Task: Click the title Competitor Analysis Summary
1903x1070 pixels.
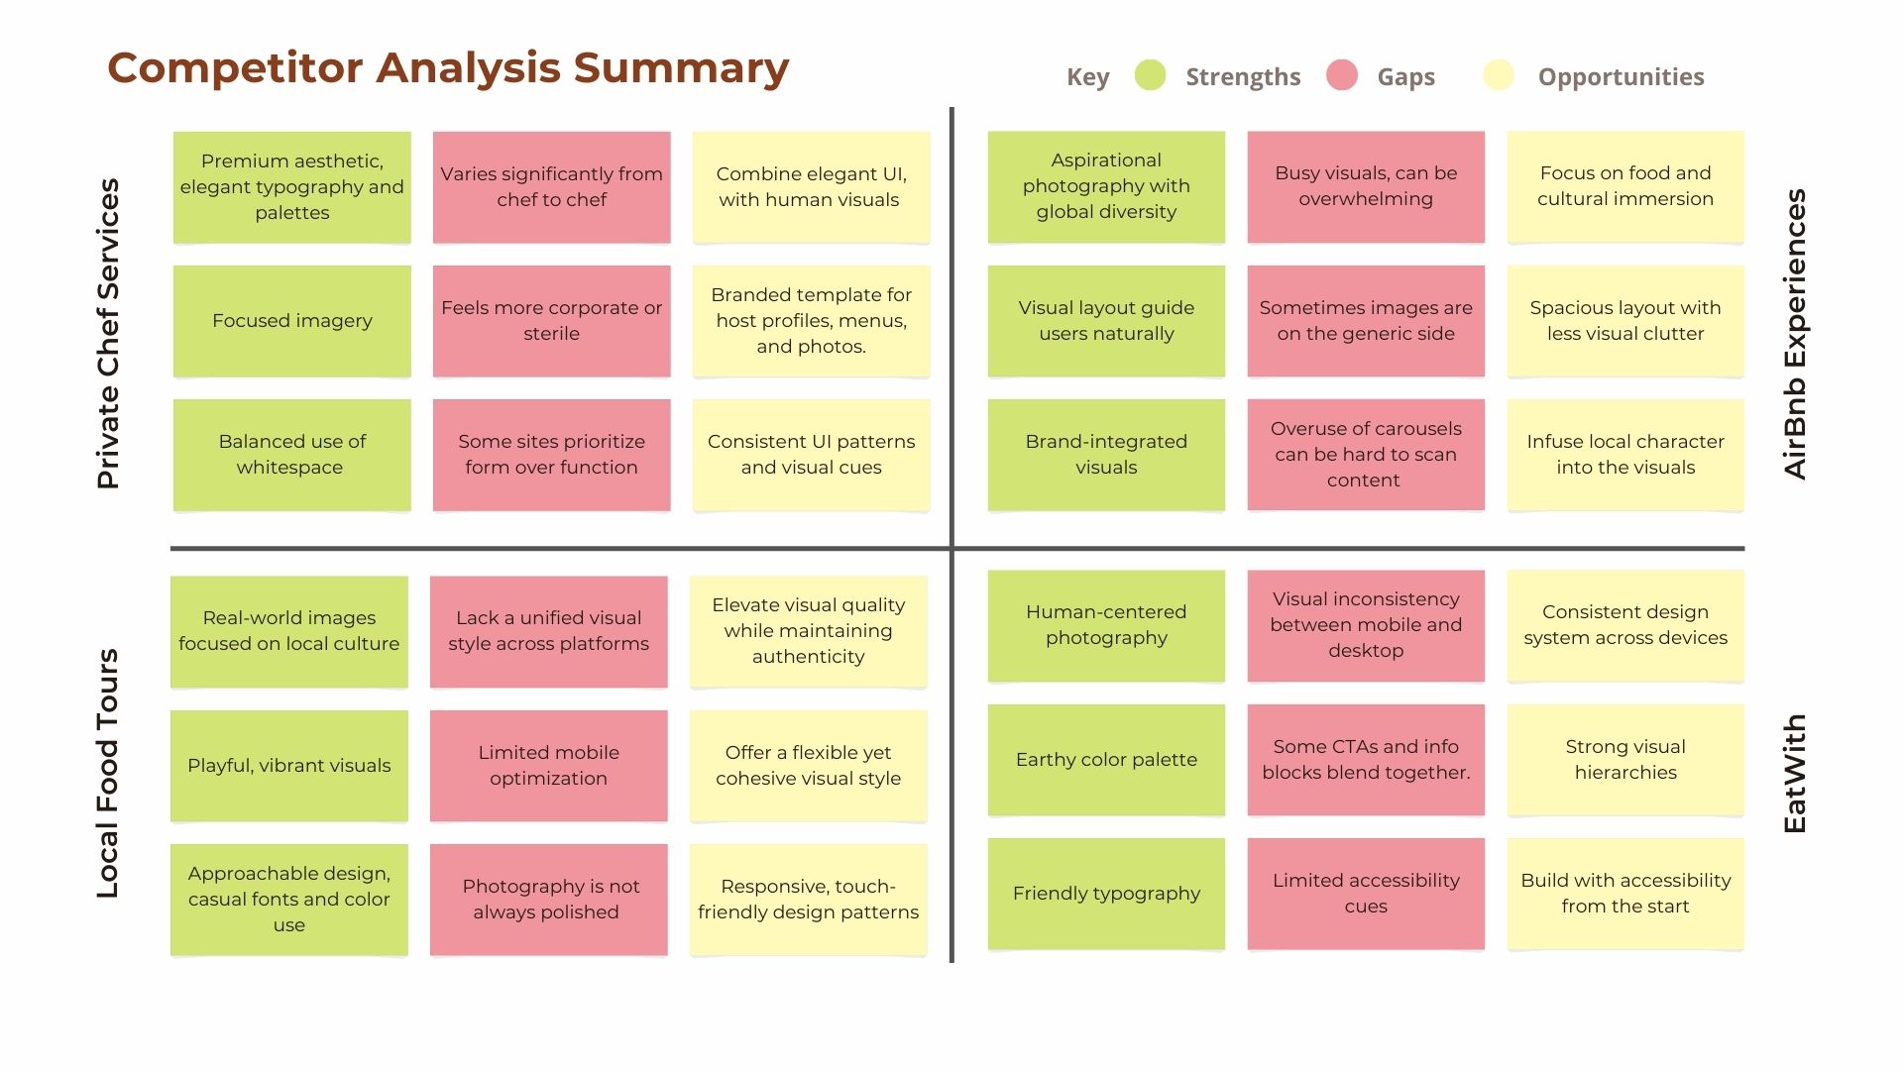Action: [x=448, y=68]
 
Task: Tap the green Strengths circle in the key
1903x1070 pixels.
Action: [x=1150, y=75]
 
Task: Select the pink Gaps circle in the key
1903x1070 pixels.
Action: [x=1342, y=75]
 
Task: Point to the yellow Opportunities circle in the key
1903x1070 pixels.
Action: [x=1499, y=75]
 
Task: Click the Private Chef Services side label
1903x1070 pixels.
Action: [x=108, y=333]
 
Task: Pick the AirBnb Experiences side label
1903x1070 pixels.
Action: [x=1795, y=334]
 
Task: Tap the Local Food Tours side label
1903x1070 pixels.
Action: [x=108, y=773]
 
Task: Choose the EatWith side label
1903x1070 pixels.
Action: [x=1795, y=773]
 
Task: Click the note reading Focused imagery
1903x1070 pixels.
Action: [x=292, y=321]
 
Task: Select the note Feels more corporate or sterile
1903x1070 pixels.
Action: [x=552, y=321]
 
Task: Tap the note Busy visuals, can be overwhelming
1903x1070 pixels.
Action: [x=1366, y=186]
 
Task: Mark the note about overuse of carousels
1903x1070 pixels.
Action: [x=1366, y=455]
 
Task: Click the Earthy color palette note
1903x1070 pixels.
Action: [x=1106, y=760]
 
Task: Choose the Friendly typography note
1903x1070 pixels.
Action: [x=1106, y=894]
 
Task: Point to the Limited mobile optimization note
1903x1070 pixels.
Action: [x=549, y=766]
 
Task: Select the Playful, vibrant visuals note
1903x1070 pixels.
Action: [x=289, y=766]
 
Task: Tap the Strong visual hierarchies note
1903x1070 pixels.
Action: [x=1625, y=760]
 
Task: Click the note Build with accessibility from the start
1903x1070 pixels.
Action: [x=1625, y=894]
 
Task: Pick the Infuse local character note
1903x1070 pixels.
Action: [x=1625, y=455]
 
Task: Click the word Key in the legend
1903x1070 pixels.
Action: [x=1087, y=77]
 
